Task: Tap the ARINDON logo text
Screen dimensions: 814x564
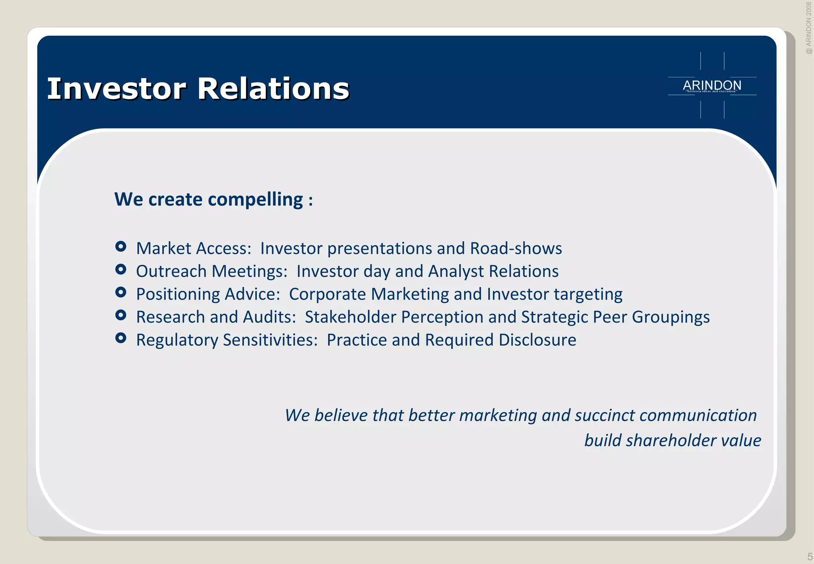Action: point(712,85)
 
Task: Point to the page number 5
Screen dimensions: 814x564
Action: point(810,556)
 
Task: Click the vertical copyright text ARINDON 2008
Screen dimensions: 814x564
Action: point(808,28)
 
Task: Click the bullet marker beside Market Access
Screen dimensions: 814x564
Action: point(120,247)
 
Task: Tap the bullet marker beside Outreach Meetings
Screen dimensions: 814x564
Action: point(120,270)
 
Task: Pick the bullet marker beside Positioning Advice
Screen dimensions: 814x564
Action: point(120,292)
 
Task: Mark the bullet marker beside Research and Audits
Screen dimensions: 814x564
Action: point(120,315)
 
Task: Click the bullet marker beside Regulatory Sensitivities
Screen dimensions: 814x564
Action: point(120,338)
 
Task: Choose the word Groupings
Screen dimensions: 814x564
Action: point(671,317)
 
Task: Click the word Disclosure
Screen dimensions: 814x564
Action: point(537,340)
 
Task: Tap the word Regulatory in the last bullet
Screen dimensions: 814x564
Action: point(177,340)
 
